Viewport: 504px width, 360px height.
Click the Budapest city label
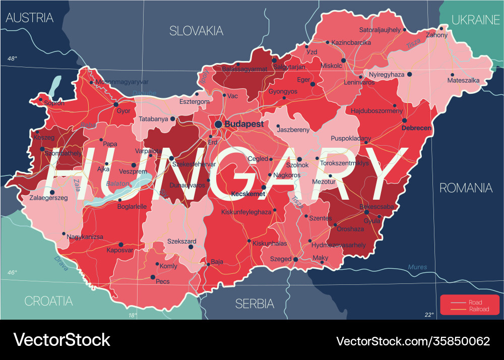(x=244, y=124)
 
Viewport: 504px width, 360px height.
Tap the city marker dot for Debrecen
(x=404, y=121)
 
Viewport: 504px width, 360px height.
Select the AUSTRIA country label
(x=29, y=18)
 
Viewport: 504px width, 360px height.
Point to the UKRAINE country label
(x=475, y=20)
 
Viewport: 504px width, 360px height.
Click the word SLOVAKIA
(x=196, y=31)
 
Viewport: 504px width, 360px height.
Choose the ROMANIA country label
(x=466, y=188)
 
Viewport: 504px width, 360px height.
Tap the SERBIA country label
(x=255, y=304)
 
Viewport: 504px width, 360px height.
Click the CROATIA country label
(x=48, y=301)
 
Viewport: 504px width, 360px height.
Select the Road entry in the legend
(x=475, y=303)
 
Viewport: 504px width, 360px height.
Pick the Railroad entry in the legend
(x=478, y=309)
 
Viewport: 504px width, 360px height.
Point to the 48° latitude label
(x=12, y=59)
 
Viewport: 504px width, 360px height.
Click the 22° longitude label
(x=429, y=315)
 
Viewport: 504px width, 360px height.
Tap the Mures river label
(x=417, y=267)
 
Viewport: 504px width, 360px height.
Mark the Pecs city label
(x=163, y=281)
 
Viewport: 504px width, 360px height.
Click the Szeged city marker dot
(x=295, y=259)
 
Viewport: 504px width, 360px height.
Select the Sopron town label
(x=54, y=103)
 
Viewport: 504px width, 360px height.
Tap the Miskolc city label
(x=331, y=66)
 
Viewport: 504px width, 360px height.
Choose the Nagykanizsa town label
(x=85, y=236)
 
